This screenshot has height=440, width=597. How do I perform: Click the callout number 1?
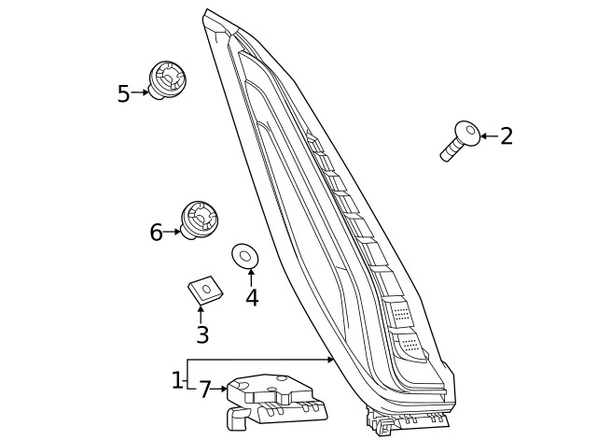[x=177, y=380]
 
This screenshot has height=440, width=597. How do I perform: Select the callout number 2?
[x=507, y=136]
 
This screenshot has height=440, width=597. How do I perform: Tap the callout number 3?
[x=201, y=334]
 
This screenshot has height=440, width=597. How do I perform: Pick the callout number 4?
[x=252, y=298]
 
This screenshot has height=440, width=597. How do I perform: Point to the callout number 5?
[x=123, y=93]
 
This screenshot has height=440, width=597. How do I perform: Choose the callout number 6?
[x=156, y=232]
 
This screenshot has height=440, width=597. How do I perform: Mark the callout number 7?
[x=205, y=389]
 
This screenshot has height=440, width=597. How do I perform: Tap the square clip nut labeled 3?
[x=204, y=291]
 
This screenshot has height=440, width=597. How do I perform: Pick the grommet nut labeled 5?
[x=167, y=78]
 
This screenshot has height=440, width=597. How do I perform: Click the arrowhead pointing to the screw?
[x=482, y=136]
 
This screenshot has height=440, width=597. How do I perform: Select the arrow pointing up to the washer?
[x=251, y=273]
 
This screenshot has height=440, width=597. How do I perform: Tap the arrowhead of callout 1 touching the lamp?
[x=331, y=360]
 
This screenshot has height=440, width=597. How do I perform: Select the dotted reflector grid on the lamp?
[x=401, y=313]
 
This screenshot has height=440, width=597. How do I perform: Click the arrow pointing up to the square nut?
[x=201, y=309]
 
